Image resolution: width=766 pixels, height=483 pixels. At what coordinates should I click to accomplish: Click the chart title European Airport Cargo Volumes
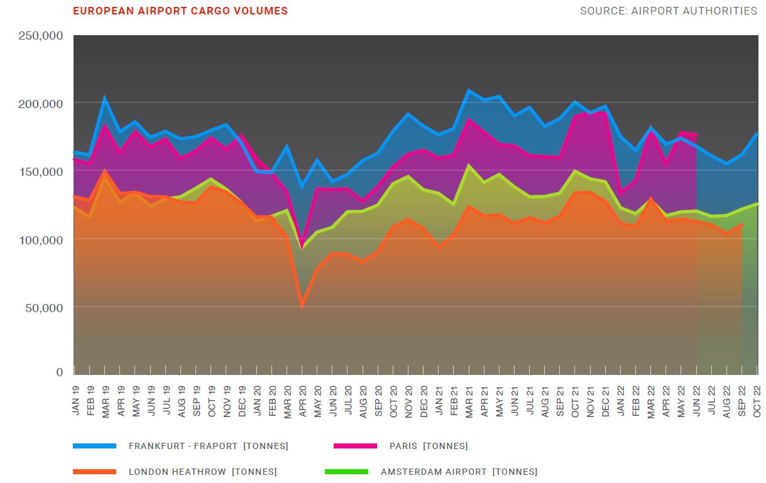180,11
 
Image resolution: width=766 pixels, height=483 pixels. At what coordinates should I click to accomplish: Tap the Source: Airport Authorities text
669,11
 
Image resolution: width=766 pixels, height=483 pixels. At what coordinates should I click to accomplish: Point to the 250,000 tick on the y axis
41,36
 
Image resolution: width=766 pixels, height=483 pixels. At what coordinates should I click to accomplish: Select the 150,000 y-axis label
41,171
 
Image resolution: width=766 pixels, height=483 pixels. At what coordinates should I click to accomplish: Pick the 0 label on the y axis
60,372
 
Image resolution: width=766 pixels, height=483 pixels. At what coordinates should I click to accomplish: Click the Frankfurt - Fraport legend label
208,446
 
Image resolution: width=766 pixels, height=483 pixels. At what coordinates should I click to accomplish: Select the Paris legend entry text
428,446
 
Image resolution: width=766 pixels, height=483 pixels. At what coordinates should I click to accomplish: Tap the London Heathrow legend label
202,472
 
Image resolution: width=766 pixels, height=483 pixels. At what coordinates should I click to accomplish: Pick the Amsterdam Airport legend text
459,472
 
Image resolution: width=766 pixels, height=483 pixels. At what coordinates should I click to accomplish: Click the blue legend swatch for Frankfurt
95,446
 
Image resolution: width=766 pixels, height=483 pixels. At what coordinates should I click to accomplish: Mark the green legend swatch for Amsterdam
346,472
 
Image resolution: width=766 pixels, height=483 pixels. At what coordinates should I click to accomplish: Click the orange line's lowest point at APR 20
302,307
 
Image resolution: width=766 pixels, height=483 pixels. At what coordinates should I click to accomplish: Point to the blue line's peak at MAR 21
469,90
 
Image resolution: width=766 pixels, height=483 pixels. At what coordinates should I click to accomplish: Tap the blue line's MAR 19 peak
104,98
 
